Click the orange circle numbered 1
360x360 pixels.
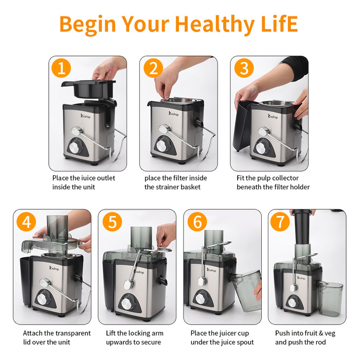click(x=61, y=68)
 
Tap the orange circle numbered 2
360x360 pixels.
click(x=153, y=68)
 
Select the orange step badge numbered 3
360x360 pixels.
click(x=244, y=68)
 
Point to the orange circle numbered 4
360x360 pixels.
click(x=26, y=222)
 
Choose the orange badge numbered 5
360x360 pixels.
click(x=112, y=222)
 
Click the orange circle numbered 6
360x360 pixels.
click(x=197, y=222)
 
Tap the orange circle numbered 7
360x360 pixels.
click(x=280, y=222)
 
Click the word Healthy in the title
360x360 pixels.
click(x=214, y=25)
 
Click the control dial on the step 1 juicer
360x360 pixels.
click(x=75, y=148)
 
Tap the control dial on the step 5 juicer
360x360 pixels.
click(x=127, y=303)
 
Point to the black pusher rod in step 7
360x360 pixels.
click(x=302, y=227)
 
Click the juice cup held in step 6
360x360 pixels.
click(x=246, y=291)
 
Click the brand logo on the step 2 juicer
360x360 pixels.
click(x=174, y=114)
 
